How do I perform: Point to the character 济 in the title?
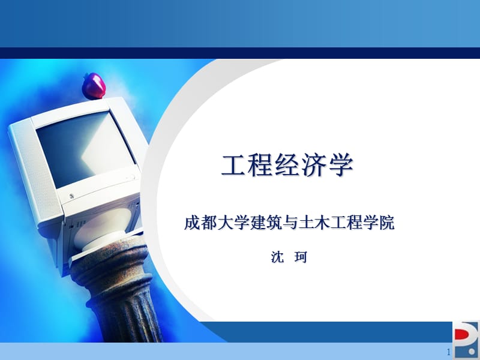pyautogui.click(x=314, y=166)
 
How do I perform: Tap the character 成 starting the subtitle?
pyautogui.click(x=191, y=224)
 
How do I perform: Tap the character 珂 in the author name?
pyautogui.click(x=301, y=258)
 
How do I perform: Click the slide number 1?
pyautogui.click(x=448, y=352)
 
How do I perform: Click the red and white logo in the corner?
pyautogui.click(x=466, y=340)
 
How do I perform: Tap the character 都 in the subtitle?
pyautogui.click(x=208, y=224)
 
